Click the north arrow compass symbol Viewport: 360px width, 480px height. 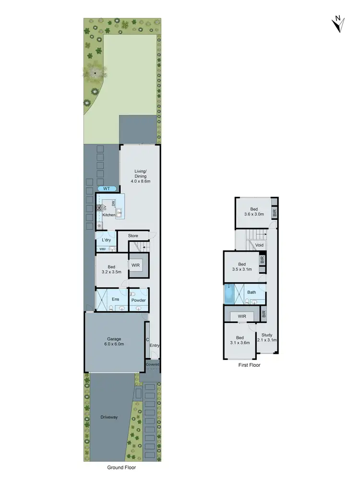click(338, 23)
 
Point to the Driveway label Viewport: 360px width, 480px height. click(109, 417)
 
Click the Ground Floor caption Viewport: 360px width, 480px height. click(122, 467)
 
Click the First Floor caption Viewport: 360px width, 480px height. click(250, 365)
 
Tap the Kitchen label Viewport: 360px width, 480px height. click(109, 215)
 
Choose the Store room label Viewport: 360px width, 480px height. click(133, 236)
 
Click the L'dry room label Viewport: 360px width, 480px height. click(107, 240)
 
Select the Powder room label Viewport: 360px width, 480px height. click(138, 300)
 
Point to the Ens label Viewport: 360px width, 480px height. click(115, 300)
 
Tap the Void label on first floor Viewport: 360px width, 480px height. click(260, 245)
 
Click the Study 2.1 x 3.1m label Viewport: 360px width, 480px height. click(267, 337)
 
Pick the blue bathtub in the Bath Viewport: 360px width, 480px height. click(229, 294)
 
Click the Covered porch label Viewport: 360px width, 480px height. click(153, 365)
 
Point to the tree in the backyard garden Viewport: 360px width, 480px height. click(95, 72)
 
